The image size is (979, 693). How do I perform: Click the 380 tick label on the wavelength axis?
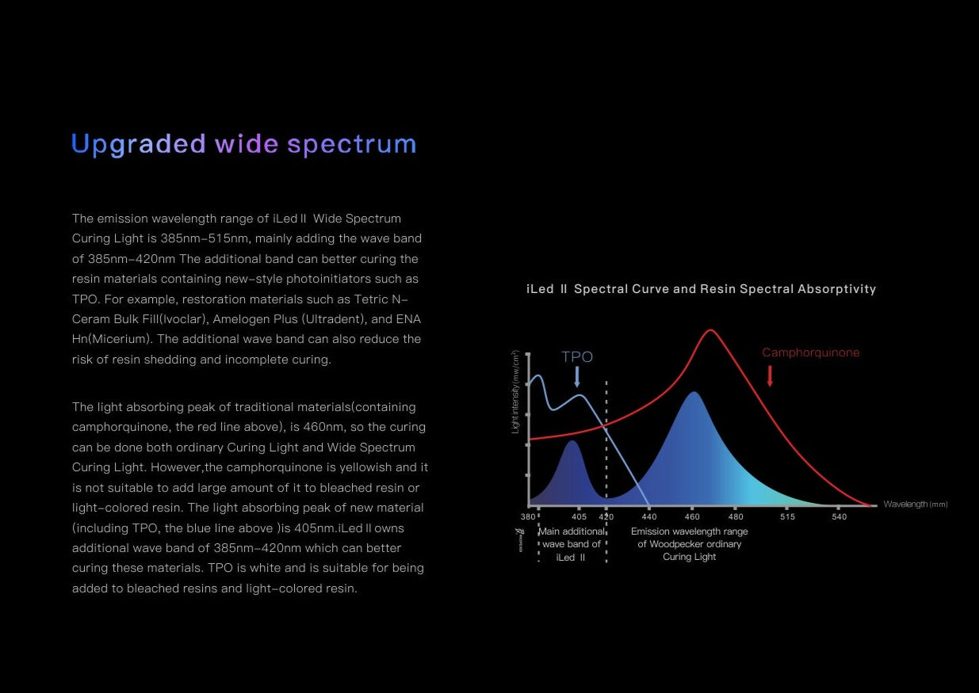point(527,516)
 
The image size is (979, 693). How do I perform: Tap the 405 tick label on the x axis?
point(579,516)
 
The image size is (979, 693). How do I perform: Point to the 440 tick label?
point(649,516)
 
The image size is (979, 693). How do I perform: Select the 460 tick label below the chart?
point(692,516)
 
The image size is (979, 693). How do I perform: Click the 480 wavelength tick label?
point(736,516)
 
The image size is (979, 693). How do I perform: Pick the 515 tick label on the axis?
point(788,516)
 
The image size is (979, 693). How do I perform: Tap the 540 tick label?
point(839,516)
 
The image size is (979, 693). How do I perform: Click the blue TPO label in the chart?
point(577,356)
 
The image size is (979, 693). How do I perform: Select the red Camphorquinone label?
point(811,352)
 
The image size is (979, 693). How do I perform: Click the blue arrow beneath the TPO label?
point(577,376)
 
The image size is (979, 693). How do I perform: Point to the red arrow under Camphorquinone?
point(770,376)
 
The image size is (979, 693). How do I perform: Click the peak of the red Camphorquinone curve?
point(710,330)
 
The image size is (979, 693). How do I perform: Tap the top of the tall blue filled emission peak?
point(694,393)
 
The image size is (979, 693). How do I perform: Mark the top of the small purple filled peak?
point(572,441)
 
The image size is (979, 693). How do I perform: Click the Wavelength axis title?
point(916,505)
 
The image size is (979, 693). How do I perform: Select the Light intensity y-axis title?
point(516,392)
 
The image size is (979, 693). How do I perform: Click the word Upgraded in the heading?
point(138,144)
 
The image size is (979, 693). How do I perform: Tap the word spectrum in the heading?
point(352,144)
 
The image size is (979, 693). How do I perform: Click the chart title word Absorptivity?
point(837,289)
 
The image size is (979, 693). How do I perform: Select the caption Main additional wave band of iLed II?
point(572,544)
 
